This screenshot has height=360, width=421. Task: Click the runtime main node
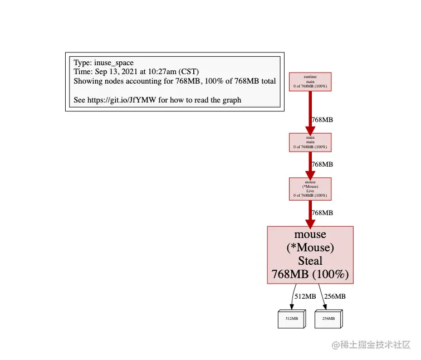pos(310,81)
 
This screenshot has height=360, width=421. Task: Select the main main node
pos(310,142)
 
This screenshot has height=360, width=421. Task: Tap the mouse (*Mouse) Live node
pos(310,189)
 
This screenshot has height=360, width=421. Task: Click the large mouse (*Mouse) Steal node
pos(310,255)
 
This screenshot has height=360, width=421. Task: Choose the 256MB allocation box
pos(329,318)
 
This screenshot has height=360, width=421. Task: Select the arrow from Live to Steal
pos(310,212)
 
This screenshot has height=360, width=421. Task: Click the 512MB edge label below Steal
pos(305,296)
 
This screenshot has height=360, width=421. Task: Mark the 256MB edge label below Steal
pos(335,296)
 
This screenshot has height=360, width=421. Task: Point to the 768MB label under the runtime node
pos(322,120)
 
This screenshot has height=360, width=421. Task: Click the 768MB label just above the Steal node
pos(322,213)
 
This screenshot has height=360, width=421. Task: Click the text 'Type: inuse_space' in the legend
pos(104,63)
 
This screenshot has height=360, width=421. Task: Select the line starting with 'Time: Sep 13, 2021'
pos(136,72)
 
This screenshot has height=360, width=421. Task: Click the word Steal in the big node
pos(310,261)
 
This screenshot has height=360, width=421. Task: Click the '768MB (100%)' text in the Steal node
pos(310,274)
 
